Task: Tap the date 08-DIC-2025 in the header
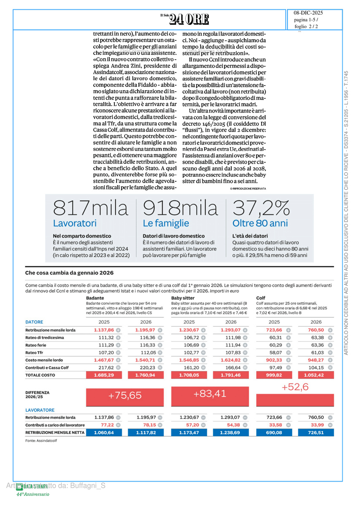(x=308, y=13)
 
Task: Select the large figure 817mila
(x=90, y=208)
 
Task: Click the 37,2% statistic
(x=261, y=208)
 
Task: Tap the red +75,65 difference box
(x=125, y=395)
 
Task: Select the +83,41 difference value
(x=210, y=394)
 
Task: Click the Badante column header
(x=95, y=298)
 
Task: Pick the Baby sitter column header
(x=183, y=298)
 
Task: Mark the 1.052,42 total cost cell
(x=313, y=375)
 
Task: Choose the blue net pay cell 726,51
(x=313, y=432)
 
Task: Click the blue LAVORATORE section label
(x=40, y=410)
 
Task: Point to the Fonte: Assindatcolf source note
(x=41, y=441)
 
